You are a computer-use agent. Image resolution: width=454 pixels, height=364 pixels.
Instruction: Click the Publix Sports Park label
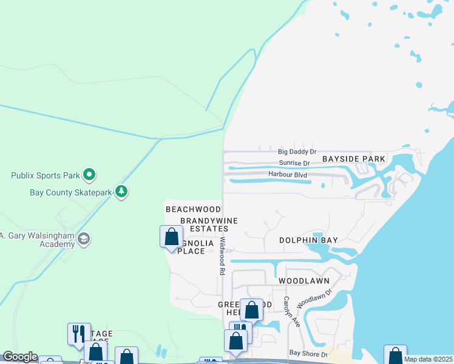point(46,176)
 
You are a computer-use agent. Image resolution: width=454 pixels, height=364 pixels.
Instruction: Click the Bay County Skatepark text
point(70,192)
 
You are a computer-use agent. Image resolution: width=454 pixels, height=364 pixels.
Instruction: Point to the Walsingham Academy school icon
point(84,240)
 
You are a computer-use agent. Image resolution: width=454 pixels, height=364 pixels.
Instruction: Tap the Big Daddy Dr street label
point(297,152)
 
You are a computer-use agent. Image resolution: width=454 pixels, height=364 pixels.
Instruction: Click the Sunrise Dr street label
point(294,163)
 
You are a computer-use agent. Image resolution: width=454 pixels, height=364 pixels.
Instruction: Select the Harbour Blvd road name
point(288,175)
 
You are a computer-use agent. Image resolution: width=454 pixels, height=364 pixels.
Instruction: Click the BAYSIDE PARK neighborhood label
point(354,159)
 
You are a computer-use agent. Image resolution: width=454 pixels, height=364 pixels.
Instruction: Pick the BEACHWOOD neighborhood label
point(193,209)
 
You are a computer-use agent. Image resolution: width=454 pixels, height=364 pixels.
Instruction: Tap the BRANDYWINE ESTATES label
point(208,224)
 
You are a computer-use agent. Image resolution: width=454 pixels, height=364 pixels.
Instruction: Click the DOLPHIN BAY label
point(308,240)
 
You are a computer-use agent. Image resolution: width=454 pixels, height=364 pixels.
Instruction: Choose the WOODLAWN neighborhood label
point(303,281)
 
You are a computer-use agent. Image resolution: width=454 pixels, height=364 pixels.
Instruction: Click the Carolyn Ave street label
point(290,312)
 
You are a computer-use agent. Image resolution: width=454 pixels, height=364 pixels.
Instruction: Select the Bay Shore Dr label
point(308,352)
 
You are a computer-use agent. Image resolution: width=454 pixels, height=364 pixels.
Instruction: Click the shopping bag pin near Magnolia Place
point(171,237)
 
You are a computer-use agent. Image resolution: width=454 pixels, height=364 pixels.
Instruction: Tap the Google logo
point(20,357)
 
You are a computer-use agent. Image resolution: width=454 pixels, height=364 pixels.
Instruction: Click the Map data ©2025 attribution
point(429,359)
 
